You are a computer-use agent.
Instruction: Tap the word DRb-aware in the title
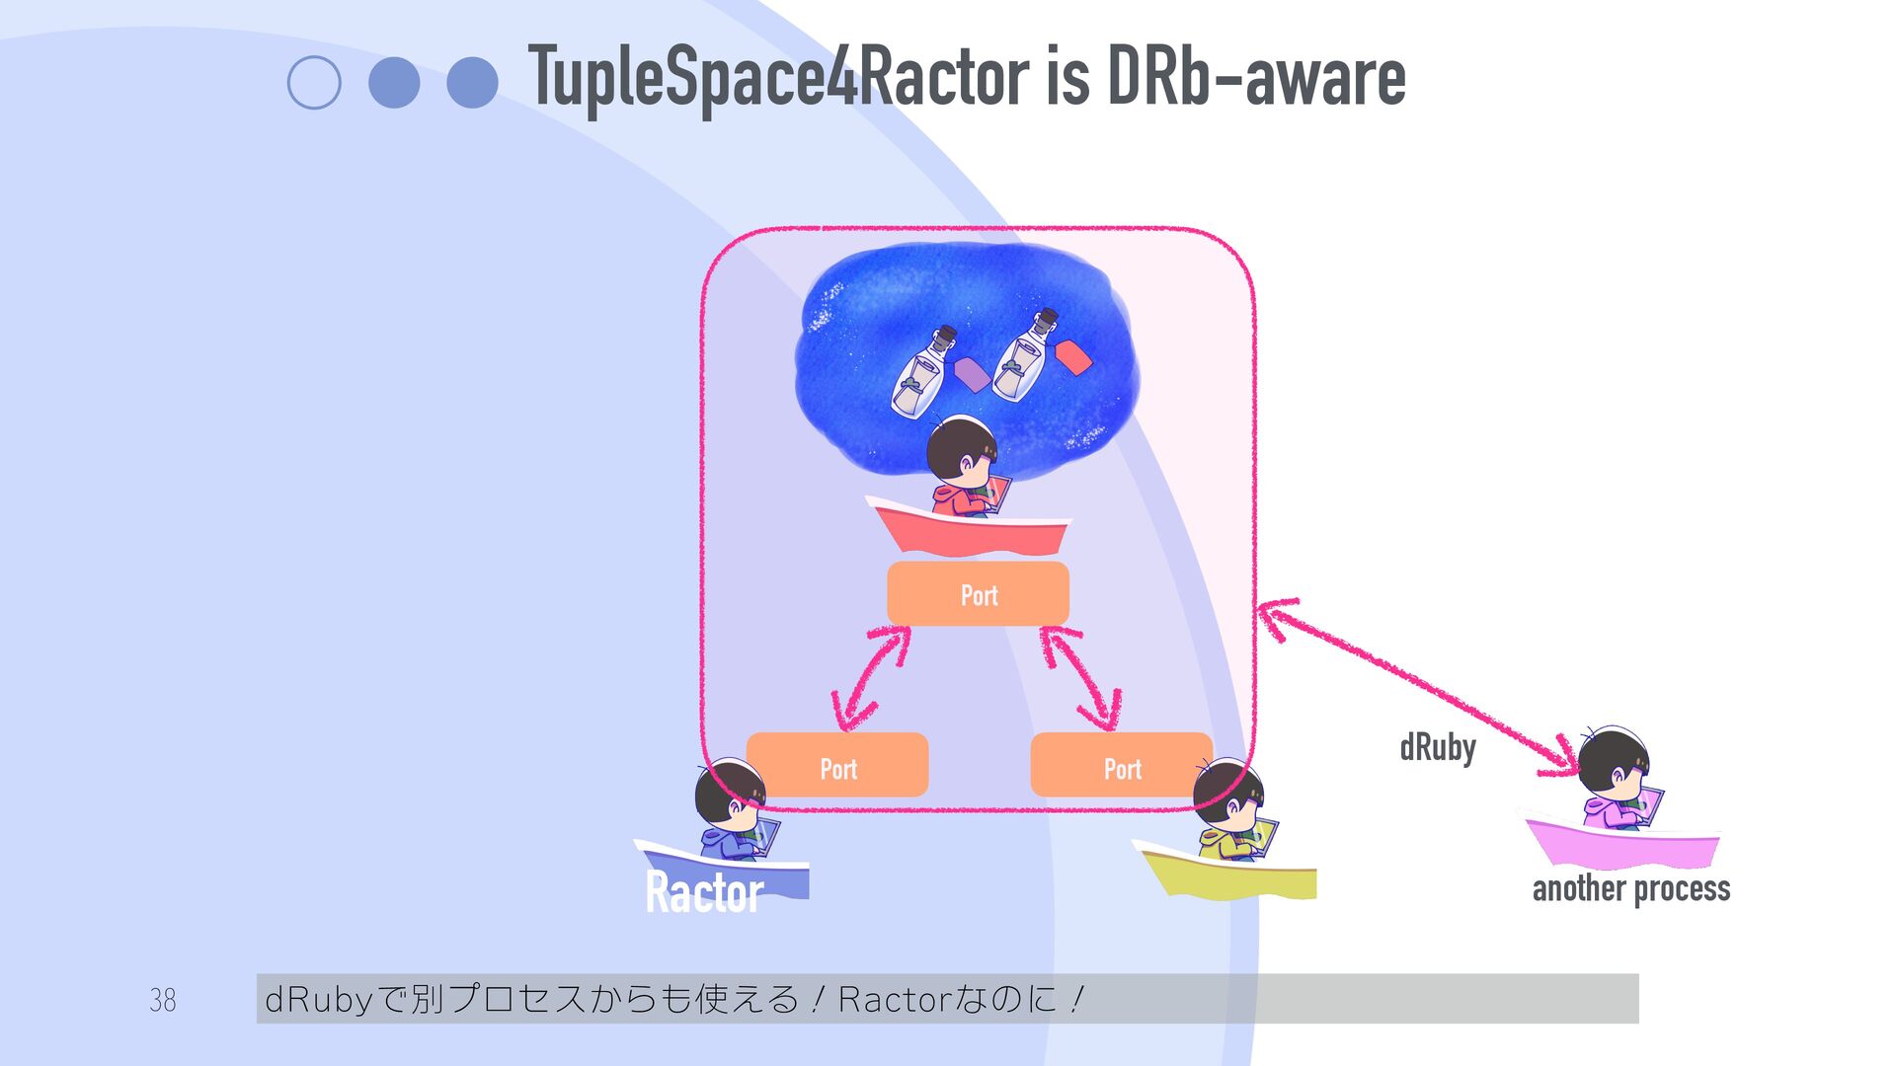tap(1256, 77)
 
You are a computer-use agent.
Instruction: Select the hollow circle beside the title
tap(314, 82)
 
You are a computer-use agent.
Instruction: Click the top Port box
tap(978, 594)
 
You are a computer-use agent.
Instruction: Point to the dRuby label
tap(1438, 747)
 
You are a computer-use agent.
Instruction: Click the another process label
tap(1630, 888)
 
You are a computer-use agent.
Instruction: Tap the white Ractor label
tap(704, 891)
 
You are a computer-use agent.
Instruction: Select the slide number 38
tap(163, 1000)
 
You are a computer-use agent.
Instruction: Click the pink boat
tap(1620, 845)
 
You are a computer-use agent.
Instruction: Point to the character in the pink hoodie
tap(1616, 780)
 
